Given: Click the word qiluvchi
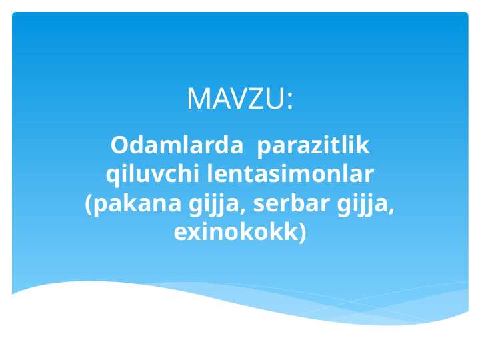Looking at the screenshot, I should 153,175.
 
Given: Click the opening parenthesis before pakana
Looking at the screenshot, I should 89,205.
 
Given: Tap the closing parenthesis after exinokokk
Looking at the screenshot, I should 303,233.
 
